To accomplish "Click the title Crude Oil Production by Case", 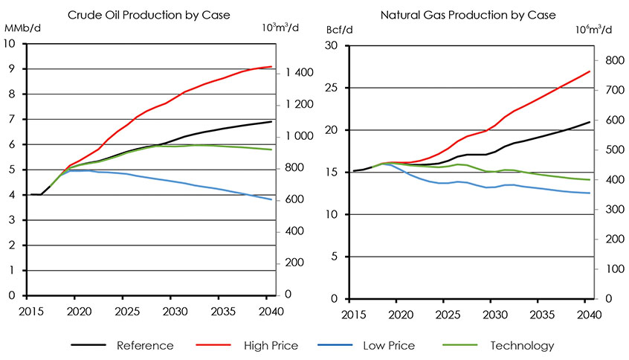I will tap(148, 14).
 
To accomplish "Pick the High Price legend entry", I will tap(271, 345).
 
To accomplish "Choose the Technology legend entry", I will tap(522, 345).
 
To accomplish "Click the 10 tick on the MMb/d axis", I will tap(10, 44).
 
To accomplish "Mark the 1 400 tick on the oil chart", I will tap(295, 73).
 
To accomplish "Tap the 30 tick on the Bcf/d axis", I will tap(332, 45).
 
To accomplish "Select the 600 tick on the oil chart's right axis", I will tap(291, 199).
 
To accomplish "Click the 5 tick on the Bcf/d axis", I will tap(335, 257).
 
